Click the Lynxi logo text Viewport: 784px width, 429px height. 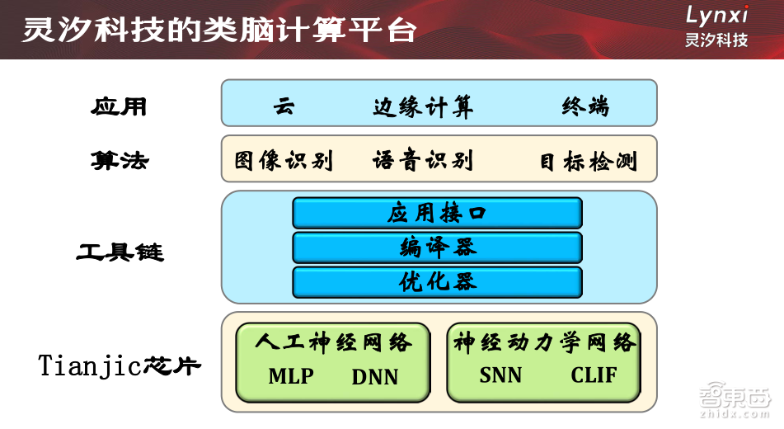coord(716,14)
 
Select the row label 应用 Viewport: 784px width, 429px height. coord(120,106)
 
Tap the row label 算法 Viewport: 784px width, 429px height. coord(120,160)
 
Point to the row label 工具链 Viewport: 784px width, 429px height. coord(120,251)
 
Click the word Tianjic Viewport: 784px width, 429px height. coord(91,365)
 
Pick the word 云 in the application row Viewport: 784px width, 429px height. coord(284,106)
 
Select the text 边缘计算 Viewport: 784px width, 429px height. coord(423,106)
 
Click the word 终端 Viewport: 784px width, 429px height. coord(585,106)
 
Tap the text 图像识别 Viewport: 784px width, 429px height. coord(284,160)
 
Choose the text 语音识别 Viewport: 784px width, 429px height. coord(423,160)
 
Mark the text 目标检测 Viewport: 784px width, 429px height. coord(589,161)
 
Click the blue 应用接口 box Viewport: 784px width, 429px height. coord(437,213)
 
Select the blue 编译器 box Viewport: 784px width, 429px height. coord(437,247)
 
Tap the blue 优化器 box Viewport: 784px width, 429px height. coord(437,282)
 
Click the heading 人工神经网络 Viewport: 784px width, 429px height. coord(332,342)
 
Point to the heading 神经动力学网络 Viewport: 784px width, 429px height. coord(545,342)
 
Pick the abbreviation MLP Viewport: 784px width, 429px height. coord(291,376)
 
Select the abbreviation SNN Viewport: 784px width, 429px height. coord(500,375)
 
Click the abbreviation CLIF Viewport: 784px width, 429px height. coord(594,375)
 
